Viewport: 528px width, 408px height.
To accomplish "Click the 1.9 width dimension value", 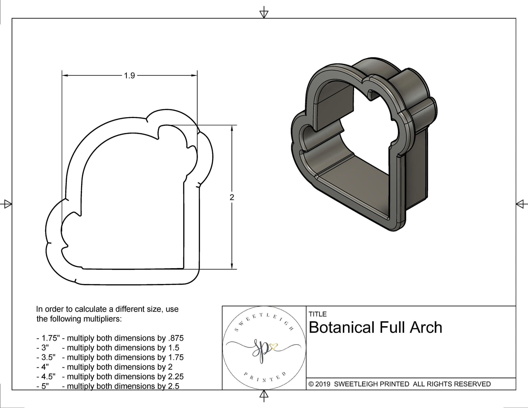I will (x=129, y=76).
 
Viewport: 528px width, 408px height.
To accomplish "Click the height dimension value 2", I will (x=232, y=197).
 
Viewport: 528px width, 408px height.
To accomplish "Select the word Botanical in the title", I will (x=342, y=328).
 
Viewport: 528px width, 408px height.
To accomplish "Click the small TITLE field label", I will (x=317, y=314).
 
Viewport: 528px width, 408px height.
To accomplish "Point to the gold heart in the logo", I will (x=274, y=346).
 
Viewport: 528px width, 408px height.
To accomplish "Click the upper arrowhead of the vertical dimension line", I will (x=232, y=128).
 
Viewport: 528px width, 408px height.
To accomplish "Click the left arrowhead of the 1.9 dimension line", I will (x=65, y=76).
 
